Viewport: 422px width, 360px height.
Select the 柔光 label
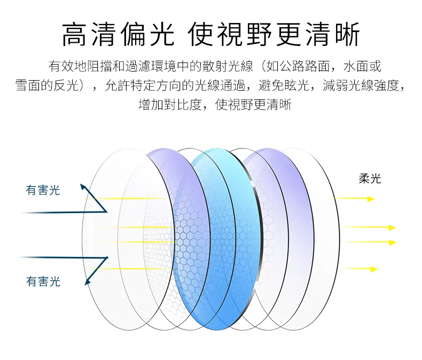370,179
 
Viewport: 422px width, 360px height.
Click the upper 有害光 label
43,190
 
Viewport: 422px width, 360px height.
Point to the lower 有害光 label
43,281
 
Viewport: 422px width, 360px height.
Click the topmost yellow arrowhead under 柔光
371,199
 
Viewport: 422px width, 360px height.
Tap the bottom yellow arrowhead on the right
374,269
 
